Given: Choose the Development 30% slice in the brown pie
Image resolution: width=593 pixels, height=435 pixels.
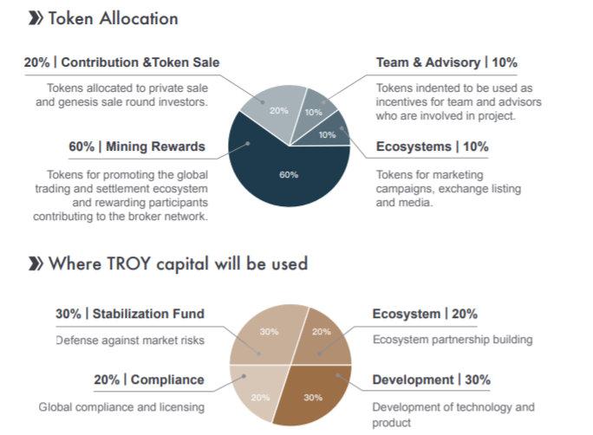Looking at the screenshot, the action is point(314,395).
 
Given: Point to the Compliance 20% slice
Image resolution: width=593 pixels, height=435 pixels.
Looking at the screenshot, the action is point(257,393).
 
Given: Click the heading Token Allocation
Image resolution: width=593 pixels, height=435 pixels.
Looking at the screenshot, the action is point(113,18).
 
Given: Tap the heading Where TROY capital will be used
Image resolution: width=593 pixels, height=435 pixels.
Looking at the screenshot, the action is point(178,263).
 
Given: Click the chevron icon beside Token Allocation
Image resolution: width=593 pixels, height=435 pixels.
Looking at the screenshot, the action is point(36,18).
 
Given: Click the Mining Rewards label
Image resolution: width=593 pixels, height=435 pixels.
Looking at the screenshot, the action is point(155,146).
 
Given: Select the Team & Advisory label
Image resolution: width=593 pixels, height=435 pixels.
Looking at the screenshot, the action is point(428,62).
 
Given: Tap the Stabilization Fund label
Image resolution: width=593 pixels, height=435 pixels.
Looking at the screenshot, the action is point(148,314).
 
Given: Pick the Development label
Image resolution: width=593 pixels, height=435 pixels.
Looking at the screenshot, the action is point(413,380).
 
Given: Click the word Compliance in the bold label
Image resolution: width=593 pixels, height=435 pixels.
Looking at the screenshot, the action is point(167,380).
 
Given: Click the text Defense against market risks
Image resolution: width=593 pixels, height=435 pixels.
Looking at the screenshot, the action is point(130,341).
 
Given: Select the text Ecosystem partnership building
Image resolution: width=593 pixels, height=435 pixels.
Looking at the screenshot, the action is point(453,340).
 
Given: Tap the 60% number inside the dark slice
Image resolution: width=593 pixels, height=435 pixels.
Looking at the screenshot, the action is point(289,174).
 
